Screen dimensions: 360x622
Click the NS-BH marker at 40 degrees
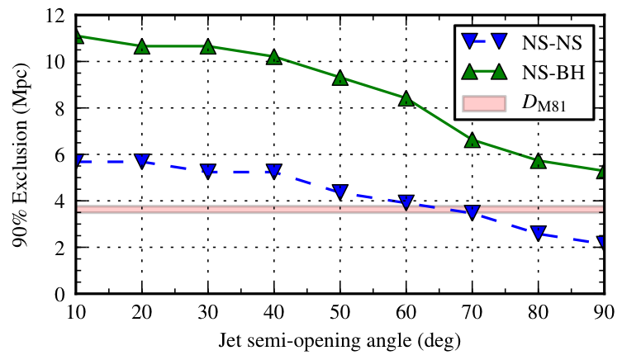pos(274,57)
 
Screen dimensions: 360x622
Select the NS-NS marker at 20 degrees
pos(142,161)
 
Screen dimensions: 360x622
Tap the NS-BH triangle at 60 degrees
pos(406,98)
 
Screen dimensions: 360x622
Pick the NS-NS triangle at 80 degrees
pos(538,233)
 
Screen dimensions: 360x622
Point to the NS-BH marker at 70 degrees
pos(472,140)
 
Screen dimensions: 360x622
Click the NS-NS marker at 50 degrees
pos(339,192)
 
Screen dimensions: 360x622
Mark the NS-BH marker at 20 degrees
pos(142,46)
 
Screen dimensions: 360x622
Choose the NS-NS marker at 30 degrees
pos(208,171)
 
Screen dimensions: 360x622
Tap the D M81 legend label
pos(554,103)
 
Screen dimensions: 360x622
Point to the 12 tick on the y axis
pos(55,16)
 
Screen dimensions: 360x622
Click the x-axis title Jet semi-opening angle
pos(339,339)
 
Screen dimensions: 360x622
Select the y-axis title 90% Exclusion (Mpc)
pos(18,154)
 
